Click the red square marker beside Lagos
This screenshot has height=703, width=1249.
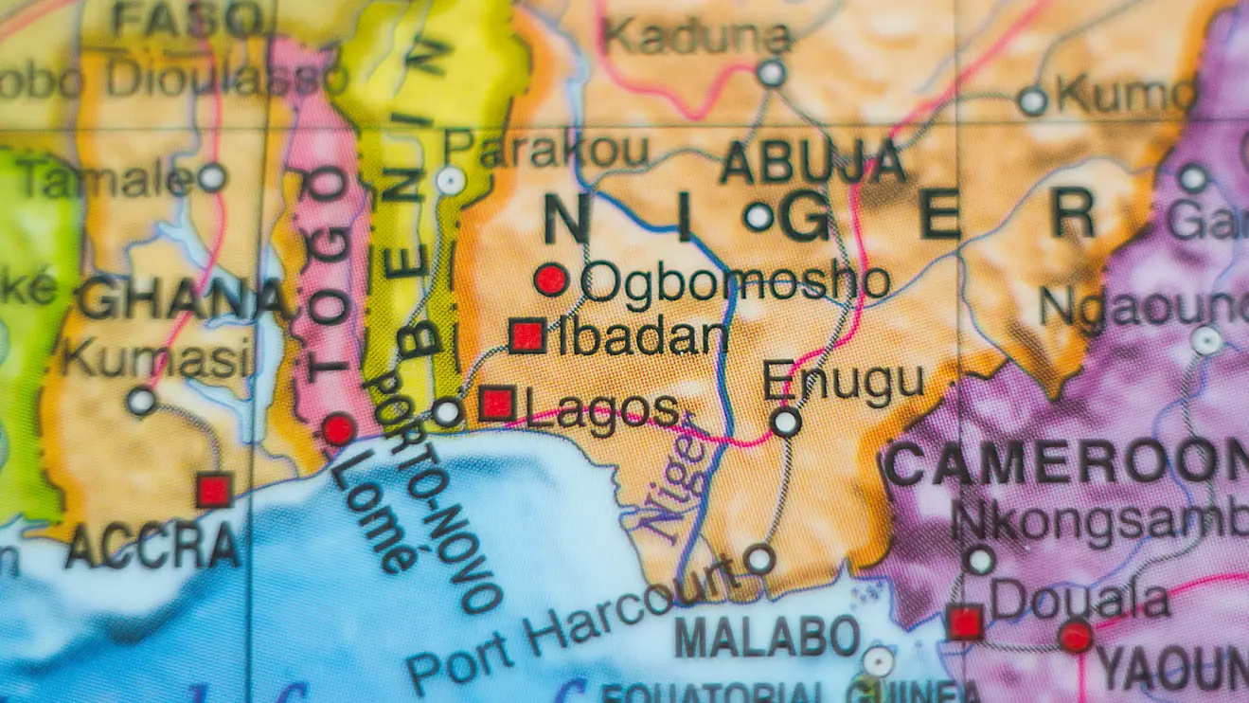pos(497,404)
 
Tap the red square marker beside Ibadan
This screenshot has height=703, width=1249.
pos(527,335)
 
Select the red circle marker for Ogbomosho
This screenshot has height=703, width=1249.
pos(550,279)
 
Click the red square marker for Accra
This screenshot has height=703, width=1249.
pos(213,491)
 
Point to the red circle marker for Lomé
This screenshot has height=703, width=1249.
pos(338,429)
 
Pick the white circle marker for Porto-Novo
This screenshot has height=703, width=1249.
pos(447,412)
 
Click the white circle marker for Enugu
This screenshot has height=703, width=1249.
pos(785,421)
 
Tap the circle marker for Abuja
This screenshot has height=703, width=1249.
pos(758,217)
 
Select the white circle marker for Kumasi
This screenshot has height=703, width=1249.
pos(141,401)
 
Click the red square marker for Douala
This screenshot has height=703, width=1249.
pos(964,622)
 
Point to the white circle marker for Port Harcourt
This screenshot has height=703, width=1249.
pos(758,559)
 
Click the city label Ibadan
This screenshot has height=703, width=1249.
pos(644,337)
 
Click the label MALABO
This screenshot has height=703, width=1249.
pos(767,636)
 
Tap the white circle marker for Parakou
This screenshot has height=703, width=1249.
pos(451,180)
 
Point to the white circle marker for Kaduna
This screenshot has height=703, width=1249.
pos(771,73)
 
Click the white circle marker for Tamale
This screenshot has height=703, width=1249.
pos(211,176)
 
